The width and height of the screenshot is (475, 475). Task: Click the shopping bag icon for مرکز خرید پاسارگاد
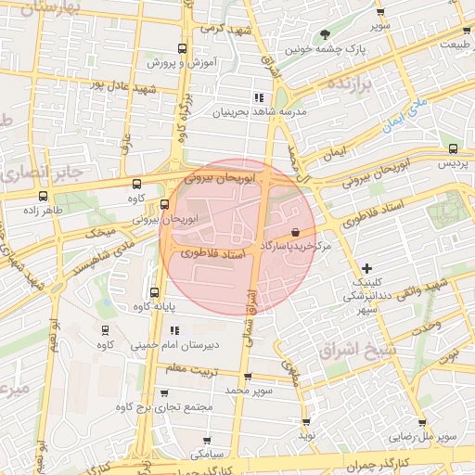pos(295,232)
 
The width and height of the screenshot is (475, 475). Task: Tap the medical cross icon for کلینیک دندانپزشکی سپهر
pos(367,268)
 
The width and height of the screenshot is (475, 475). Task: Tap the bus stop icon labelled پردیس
pos(453,148)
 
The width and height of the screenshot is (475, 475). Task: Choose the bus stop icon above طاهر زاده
pos(43,196)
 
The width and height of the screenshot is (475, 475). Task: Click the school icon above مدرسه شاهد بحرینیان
pos(258,97)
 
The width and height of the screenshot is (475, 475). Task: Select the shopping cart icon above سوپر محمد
pos(248,377)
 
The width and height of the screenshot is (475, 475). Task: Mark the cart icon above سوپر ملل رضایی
pos(423,422)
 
